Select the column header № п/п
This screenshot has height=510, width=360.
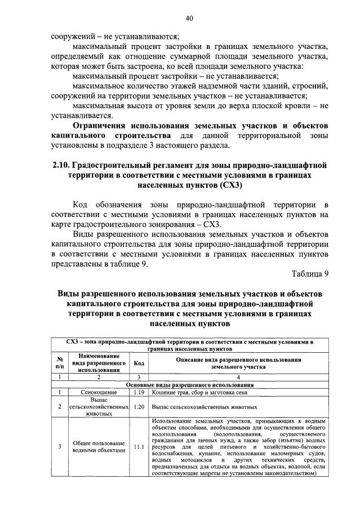pos(59,363)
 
